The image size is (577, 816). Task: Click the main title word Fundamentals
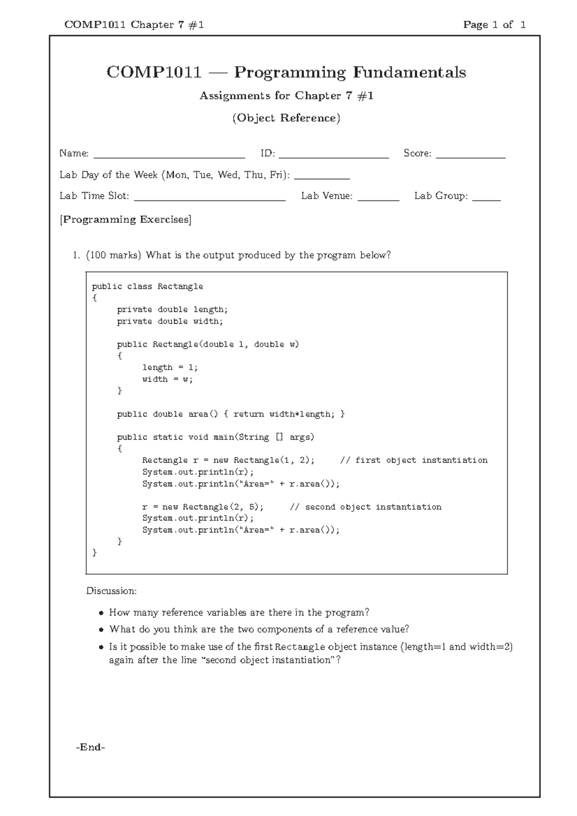[x=409, y=73]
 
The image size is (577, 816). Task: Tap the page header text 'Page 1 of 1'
[x=494, y=25]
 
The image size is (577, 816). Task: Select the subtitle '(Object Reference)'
[x=286, y=118]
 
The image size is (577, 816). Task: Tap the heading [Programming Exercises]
[x=125, y=220]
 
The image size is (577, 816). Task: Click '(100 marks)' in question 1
[x=113, y=255]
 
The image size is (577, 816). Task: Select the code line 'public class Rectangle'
[x=148, y=286]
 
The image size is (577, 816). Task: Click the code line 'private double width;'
[x=170, y=321]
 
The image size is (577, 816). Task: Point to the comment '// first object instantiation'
[x=414, y=460]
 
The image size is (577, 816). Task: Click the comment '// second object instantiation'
[x=365, y=507]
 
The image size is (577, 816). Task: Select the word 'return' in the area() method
[x=249, y=414]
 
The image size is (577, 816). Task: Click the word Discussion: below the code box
[x=112, y=591]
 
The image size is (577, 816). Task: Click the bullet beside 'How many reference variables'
[x=101, y=613]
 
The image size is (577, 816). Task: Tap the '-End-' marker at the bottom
[x=90, y=747]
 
